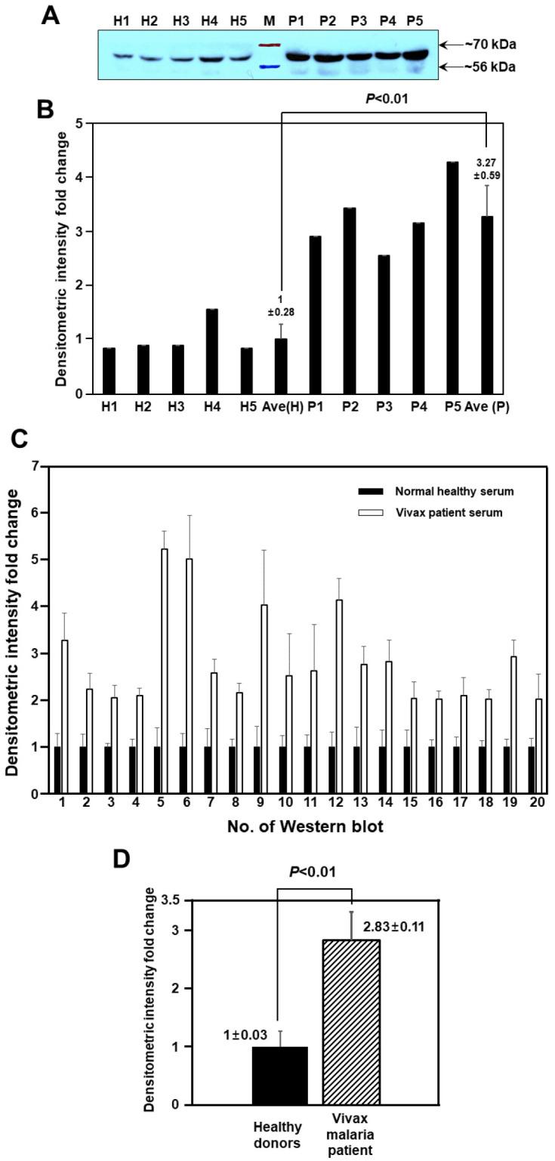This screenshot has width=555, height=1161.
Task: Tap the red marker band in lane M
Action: [269, 46]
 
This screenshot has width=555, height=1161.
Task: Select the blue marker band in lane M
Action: [269, 66]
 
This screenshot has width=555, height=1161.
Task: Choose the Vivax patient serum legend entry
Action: [445, 512]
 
